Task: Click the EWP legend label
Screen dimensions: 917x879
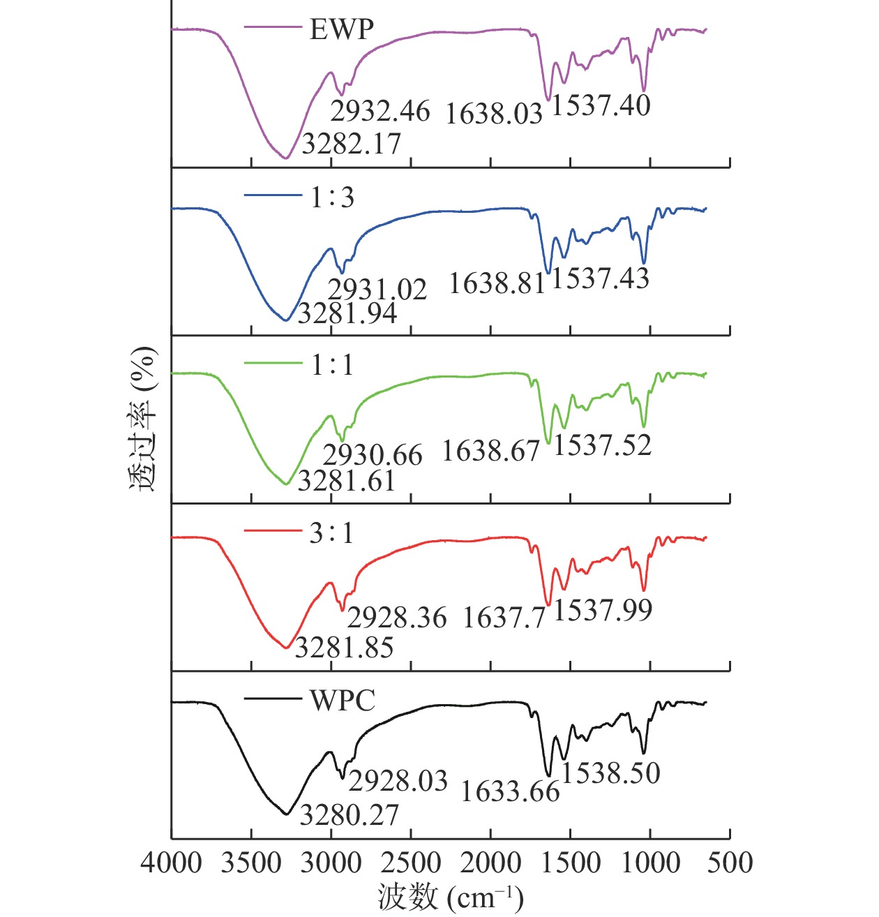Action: pyautogui.click(x=342, y=29)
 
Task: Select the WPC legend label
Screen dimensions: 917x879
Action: pyautogui.click(x=343, y=700)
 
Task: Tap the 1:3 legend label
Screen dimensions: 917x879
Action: pyautogui.click(x=333, y=197)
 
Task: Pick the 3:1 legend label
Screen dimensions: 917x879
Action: pyautogui.click(x=332, y=534)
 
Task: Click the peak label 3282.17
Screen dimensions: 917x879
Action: pyautogui.click(x=352, y=144)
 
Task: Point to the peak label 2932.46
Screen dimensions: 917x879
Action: pyautogui.click(x=380, y=111)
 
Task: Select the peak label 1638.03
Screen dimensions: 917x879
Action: pyautogui.click(x=494, y=113)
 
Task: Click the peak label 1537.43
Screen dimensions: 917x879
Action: pyautogui.click(x=601, y=278)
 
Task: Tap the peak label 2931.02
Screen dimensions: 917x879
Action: pyautogui.click(x=377, y=289)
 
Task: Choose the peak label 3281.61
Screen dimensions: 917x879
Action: pyautogui.click(x=347, y=481)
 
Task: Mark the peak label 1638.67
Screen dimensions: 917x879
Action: pyautogui.click(x=491, y=452)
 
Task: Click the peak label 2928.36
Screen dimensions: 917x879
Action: pyautogui.click(x=397, y=618)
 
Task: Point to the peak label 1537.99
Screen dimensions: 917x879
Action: pyautogui.click(x=603, y=611)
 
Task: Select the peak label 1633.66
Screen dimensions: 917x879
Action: pyautogui.click(x=510, y=791)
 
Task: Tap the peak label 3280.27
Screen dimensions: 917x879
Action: pyautogui.click(x=349, y=815)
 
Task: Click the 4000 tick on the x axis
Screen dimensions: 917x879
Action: pyautogui.click(x=171, y=864)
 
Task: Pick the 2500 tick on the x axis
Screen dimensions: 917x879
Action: pyautogui.click(x=410, y=864)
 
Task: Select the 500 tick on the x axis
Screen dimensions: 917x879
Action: pyautogui.click(x=730, y=864)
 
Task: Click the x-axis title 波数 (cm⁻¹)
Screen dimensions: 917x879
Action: pyautogui.click(x=451, y=897)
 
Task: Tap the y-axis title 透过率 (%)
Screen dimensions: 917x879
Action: pyautogui.click(x=142, y=419)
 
